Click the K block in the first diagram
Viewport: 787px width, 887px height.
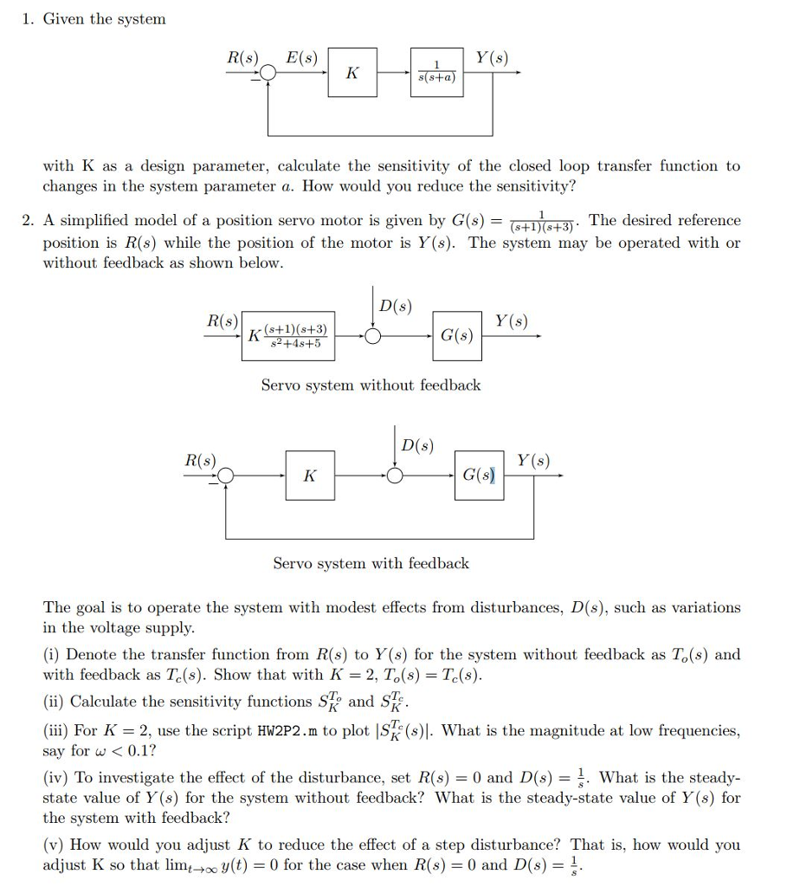[x=352, y=73]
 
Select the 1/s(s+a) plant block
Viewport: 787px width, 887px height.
[x=436, y=73]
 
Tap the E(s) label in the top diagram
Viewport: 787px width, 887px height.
[x=302, y=58]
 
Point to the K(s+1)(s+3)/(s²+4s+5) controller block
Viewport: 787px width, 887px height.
[x=288, y=336]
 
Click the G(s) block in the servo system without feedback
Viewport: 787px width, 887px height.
[x=456, y=335]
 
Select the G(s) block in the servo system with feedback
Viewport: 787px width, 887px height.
[x=479, y=475]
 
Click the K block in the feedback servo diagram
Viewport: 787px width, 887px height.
[x=309, y=475]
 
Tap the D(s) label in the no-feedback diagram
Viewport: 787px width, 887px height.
[x=395, y=306]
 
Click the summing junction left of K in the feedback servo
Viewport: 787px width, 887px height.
[x=226, y=476]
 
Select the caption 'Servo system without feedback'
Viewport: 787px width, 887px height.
[x=371, y=385]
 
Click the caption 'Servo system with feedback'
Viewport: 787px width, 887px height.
[x=371, y=563]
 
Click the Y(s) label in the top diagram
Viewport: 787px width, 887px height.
[x=492, y=58]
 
